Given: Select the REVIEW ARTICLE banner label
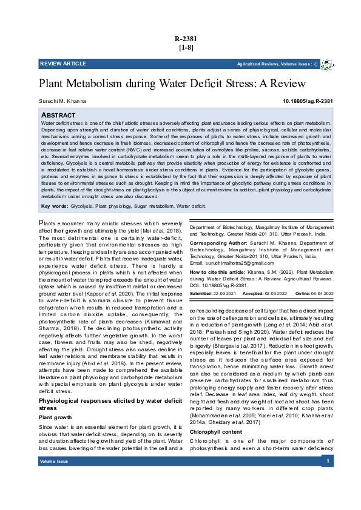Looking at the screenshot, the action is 63,64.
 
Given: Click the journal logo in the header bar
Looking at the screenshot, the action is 327,64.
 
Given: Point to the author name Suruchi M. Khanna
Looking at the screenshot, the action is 62,101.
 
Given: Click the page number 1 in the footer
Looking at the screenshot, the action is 328,462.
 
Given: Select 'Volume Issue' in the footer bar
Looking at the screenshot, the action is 53,462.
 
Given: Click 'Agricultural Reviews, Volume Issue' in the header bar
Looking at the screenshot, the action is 274,64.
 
